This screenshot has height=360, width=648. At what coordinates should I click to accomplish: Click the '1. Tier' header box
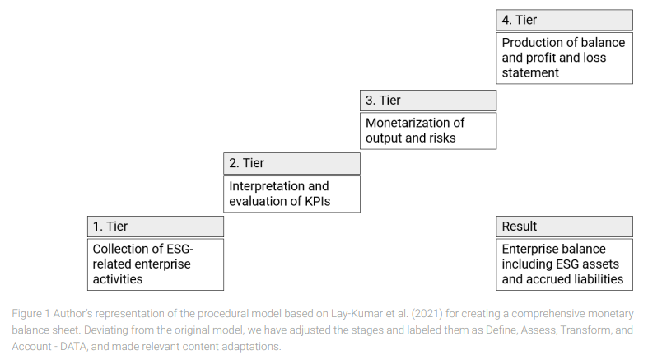point(156,227)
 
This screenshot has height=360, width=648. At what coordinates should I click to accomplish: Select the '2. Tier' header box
point(291,163)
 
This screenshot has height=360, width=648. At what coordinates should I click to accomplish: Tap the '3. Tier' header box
point(428,101)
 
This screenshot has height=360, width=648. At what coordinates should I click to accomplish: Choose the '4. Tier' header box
point(565,21)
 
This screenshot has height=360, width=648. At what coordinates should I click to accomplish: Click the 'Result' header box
point(565,227)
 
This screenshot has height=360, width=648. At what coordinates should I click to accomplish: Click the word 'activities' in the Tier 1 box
point(118,279)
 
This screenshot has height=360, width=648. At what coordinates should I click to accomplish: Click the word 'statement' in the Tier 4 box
point(530,72)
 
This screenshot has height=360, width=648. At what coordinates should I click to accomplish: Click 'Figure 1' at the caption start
point(30,314)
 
